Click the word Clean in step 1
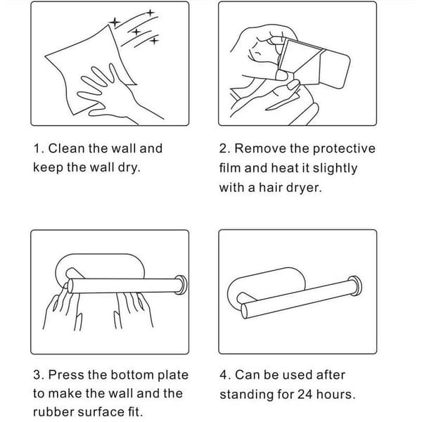[x=66, y=148]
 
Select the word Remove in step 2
[x=260, y=148]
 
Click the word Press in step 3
[x=65, y=375]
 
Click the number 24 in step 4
[x=305, y=395]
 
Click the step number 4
[x=224, y=375]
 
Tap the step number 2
[x=223, y=148]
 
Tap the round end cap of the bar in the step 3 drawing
[x=181, y=285]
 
